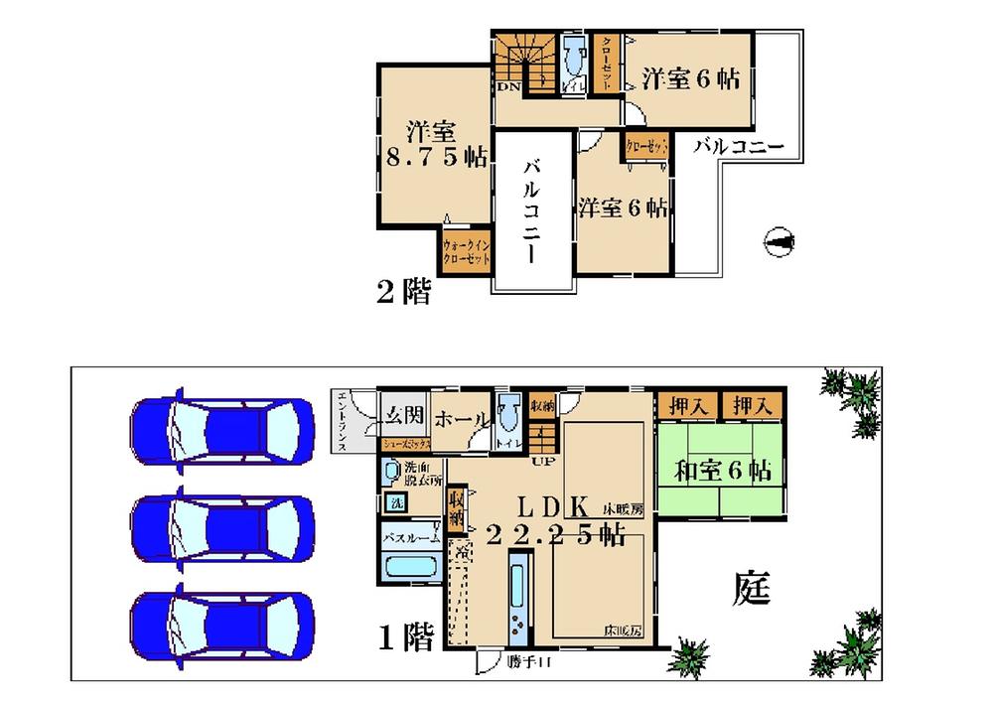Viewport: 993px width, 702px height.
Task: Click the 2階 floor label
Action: click(403, 292)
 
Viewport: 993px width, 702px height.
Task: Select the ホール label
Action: click(460, 418)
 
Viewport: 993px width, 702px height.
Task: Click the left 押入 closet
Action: click(686, 405)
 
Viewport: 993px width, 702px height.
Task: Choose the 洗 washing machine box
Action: click(395, 502)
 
